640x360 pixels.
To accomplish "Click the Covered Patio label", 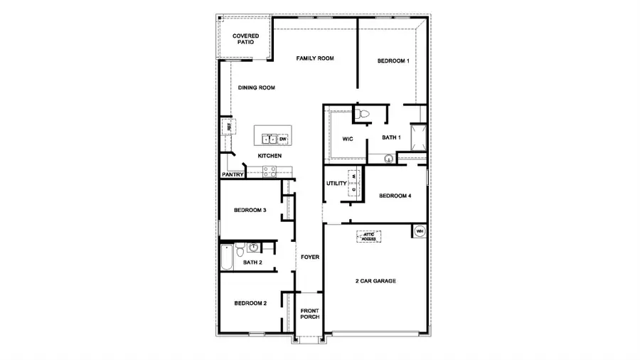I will point(245,38).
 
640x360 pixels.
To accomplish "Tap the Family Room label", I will point(315,58).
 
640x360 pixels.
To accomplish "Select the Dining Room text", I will point(256,88).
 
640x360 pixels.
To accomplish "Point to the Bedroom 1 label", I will point(393,61).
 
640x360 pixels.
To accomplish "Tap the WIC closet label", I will point(348,138).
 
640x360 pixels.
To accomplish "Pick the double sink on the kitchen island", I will point(269,139).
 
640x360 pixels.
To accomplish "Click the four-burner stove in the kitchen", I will point(270,171).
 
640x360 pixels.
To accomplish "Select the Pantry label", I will point(233,174).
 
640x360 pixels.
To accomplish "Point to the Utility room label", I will point(336,184).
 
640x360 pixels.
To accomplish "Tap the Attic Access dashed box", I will point(369,236).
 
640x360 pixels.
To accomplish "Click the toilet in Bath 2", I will point(240,249).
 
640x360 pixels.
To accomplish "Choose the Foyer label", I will point(309,257).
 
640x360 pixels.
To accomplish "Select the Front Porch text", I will point(309,314).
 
